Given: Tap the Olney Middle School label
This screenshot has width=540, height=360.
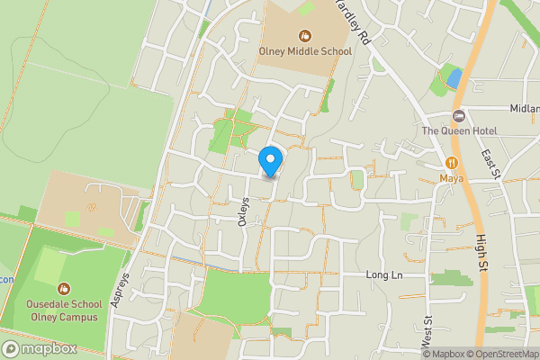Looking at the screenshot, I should [306, 51].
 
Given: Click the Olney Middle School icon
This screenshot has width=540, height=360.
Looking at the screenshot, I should [306, 36].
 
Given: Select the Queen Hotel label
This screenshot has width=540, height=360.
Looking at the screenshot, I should [459, 130].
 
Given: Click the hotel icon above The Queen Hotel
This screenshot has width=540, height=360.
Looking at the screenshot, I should [459, 116].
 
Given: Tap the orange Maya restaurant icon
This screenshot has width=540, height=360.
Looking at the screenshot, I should [451, 162].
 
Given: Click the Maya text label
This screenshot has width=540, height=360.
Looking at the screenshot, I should [451, 177].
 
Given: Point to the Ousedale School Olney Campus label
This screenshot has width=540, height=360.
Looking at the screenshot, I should [63, 310].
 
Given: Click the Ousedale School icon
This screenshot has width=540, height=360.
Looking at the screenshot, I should [63, 289].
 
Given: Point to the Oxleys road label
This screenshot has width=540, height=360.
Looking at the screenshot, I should [242, 211].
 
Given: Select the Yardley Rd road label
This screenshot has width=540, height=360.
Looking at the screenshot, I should [352, 22].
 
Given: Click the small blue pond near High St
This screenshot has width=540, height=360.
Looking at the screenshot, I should [454, 77].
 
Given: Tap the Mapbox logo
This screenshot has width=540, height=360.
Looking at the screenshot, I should [39, 348].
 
